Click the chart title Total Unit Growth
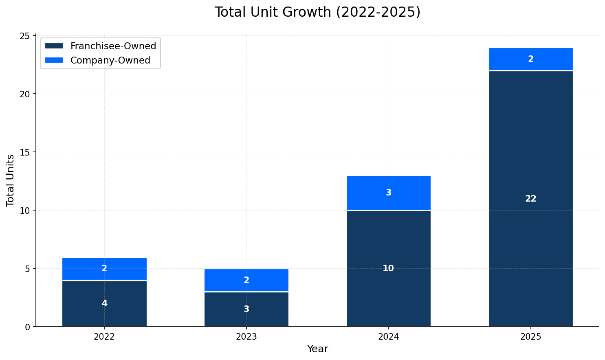317,12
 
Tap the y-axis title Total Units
11,180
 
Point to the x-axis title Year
317,349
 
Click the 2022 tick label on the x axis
104,337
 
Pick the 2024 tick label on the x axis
388,337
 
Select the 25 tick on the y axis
25,36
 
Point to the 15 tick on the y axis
25,152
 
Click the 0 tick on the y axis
28,327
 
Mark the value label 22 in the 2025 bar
530,199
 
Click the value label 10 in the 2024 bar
388,268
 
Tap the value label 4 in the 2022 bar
104,303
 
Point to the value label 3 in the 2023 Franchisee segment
246,309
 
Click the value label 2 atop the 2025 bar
530,59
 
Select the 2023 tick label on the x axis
246,337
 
